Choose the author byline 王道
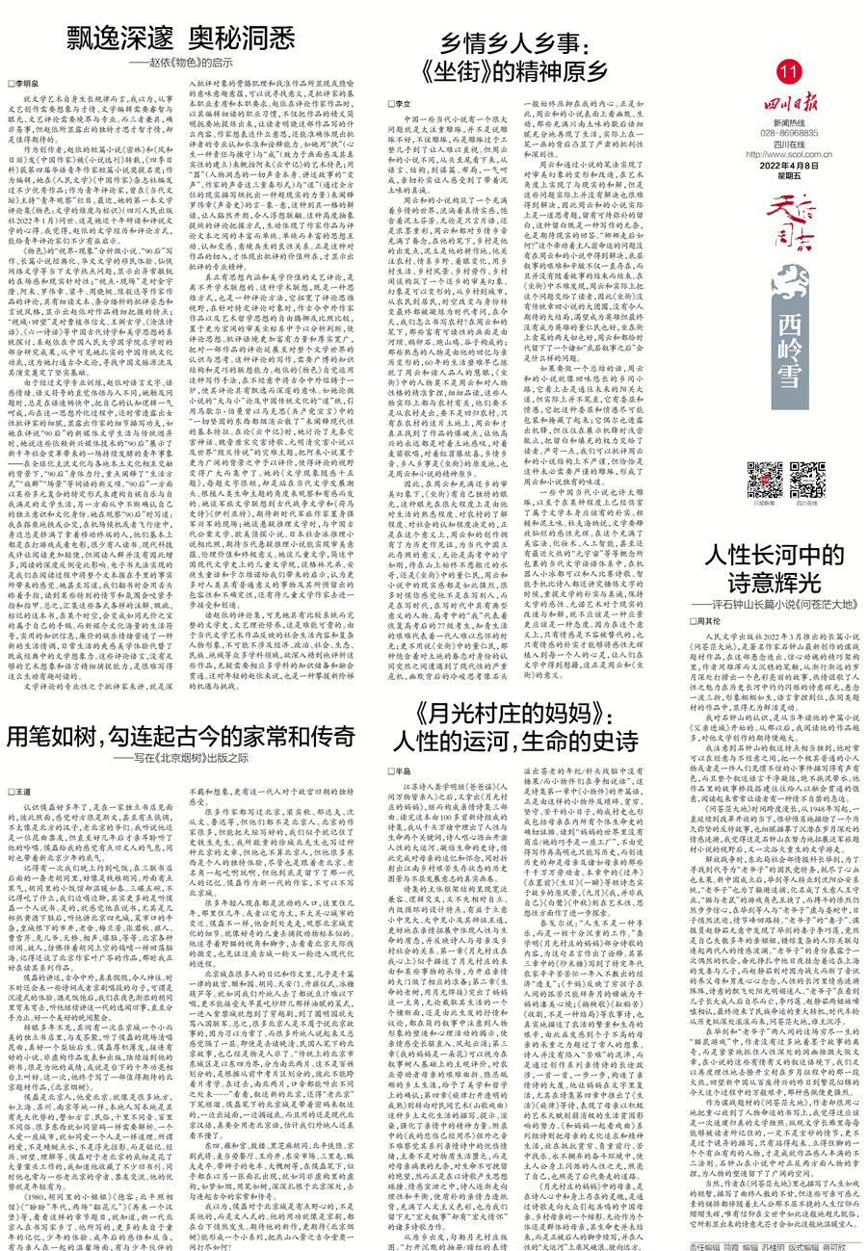tap(32, 789)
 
